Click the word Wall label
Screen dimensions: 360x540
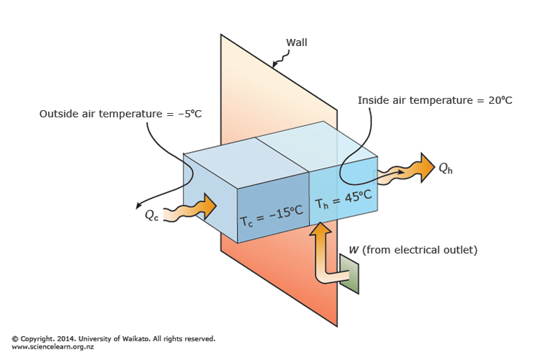point(297,42)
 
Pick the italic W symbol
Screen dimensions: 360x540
point(354,251)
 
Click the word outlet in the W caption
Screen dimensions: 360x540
point(462,251)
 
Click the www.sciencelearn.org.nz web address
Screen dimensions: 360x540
point(52,347)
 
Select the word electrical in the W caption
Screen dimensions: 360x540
point(419,251)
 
